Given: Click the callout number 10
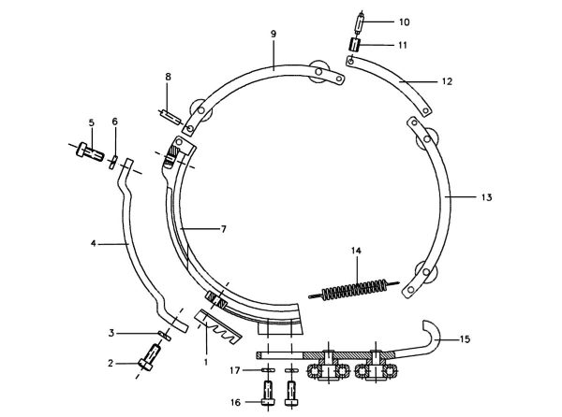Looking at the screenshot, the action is click(405, 22).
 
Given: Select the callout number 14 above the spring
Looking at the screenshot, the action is click(356, 251).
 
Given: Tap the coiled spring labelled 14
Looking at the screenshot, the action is click(354, 289).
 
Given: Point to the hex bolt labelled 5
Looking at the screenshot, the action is click(90, 152).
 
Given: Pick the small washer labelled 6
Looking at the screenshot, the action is click(113, 162).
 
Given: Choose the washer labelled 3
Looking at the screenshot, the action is click(165, 335).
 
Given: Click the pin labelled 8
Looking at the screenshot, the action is click(170, 117).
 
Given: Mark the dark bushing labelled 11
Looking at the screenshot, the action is click(354, 46).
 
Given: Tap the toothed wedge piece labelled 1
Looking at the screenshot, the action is click(218, 326).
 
